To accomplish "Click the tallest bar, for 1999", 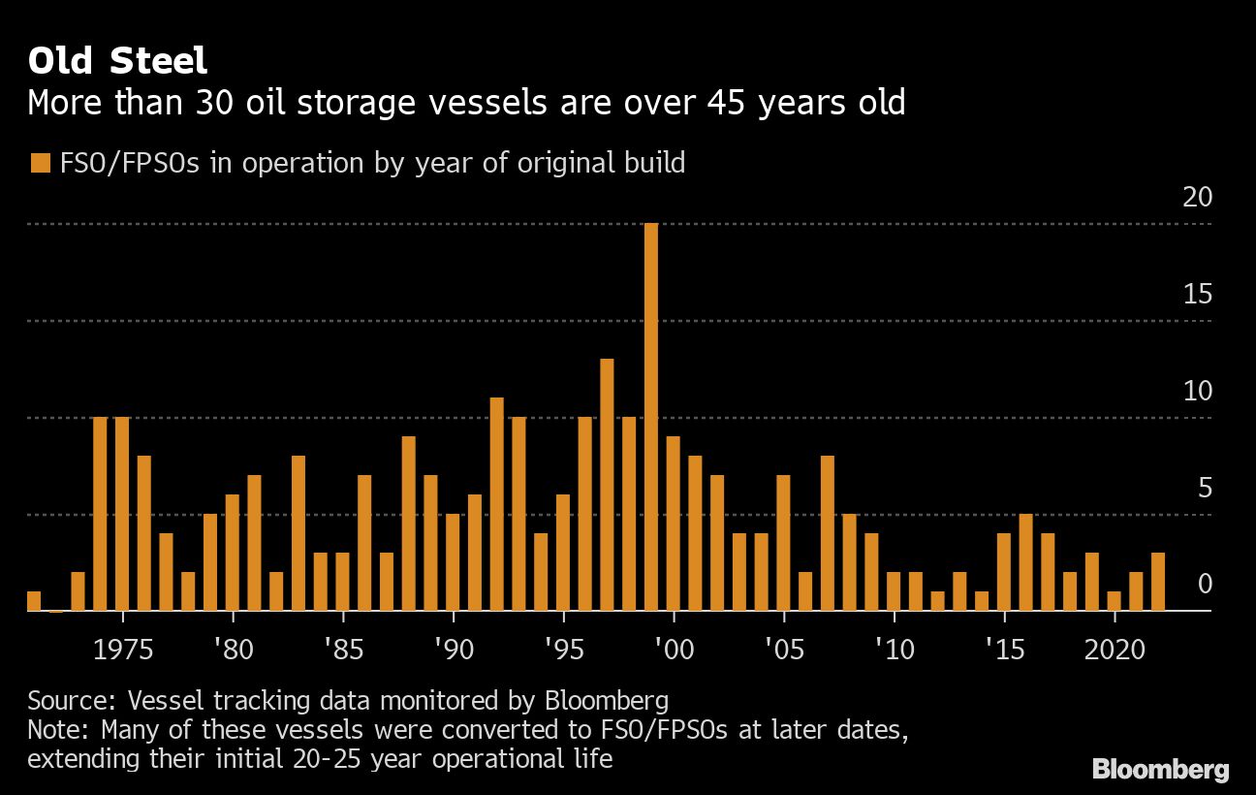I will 651,417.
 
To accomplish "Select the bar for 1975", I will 122,514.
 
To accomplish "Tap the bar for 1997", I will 607,485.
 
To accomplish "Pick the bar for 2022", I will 1157,582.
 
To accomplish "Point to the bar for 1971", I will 34,601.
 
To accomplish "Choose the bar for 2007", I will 827,533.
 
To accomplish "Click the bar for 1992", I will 496,504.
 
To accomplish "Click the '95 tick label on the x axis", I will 563,649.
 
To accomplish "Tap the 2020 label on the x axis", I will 1115,649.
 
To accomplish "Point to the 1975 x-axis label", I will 122,649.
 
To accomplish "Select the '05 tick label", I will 783,649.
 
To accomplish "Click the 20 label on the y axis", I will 1198,197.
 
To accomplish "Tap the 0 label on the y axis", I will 1205,585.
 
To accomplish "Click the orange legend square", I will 40,163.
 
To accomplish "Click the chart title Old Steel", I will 117,61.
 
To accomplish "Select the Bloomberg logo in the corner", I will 1160,770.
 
